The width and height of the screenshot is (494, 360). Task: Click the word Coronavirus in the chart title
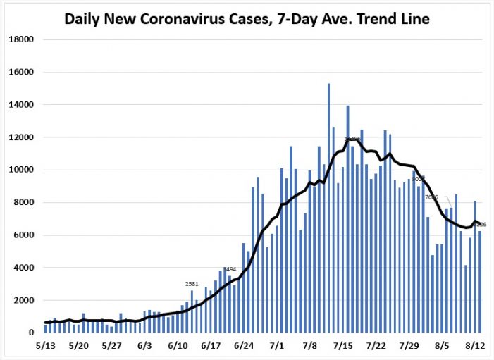click(x=176, y=18)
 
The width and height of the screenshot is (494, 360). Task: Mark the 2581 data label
click(x=192, y=284)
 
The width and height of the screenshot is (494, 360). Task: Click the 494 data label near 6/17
click(x=230, y=269)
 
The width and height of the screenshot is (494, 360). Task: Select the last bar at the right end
click(x=480, y=282)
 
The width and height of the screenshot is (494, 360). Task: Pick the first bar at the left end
click(x=45, y=328)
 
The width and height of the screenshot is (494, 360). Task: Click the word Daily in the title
click(x=82, y=18)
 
